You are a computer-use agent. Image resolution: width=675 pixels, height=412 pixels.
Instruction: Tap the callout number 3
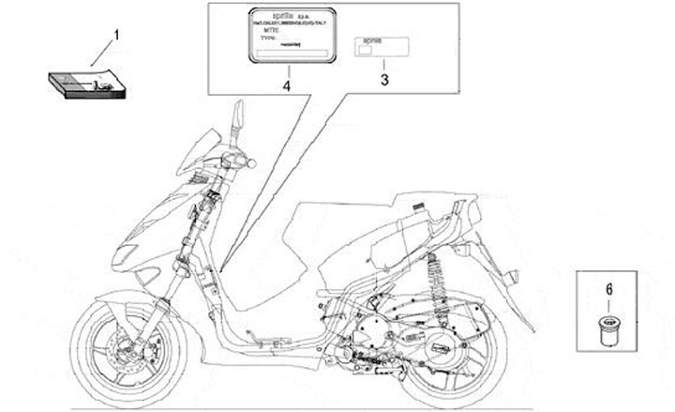383,81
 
